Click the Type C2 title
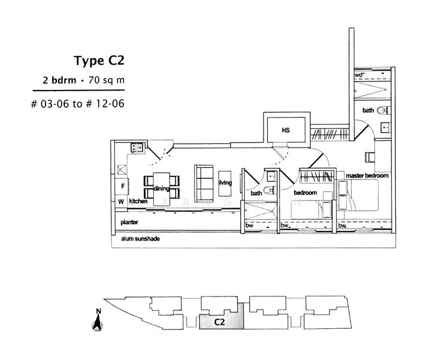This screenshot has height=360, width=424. (99, 61)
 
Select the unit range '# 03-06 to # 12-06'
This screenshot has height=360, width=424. (77, 103)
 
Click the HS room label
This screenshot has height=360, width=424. (286, 129)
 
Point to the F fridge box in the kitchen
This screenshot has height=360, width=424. (120, 187)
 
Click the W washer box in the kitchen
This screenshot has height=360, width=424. (120, 202)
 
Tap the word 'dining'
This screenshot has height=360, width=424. (162, 188)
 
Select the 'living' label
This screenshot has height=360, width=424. (225, 183)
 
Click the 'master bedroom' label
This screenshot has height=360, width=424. (368, 176)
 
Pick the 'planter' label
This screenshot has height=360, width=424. (130, 222)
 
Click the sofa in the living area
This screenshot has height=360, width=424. (204, 179)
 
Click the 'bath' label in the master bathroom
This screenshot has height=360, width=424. (368, 110)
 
